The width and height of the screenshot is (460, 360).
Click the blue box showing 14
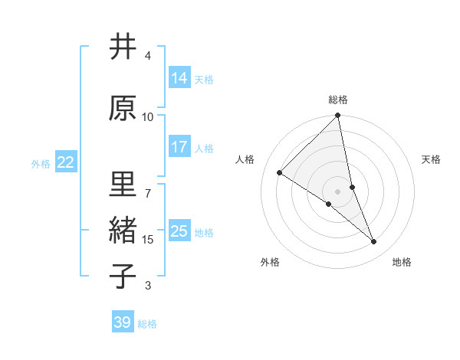tap(179, 78)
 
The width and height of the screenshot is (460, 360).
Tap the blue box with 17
tap(179, 147)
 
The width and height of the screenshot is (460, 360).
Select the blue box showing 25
tap(179, 231)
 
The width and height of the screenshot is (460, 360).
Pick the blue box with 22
tap(66, 162)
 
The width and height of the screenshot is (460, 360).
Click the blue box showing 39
tap(123, 322)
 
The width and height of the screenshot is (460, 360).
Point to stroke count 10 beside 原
tap(148, 116)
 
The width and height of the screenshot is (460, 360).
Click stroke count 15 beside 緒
tap(148, 240)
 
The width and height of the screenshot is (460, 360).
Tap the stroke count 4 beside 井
tap(148, 56)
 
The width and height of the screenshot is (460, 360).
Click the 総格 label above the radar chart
tap(338, 100)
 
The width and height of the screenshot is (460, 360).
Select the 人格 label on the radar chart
tap(245, 159)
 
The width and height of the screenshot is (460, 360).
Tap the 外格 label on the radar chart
tap(270, 262)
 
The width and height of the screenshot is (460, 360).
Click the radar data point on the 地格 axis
tap(374, 242)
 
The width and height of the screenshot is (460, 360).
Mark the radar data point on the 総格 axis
tap(338, 116)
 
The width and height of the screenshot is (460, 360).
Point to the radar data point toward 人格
tap(280, 172)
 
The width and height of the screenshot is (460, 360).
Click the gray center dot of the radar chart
tap(338, 191)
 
